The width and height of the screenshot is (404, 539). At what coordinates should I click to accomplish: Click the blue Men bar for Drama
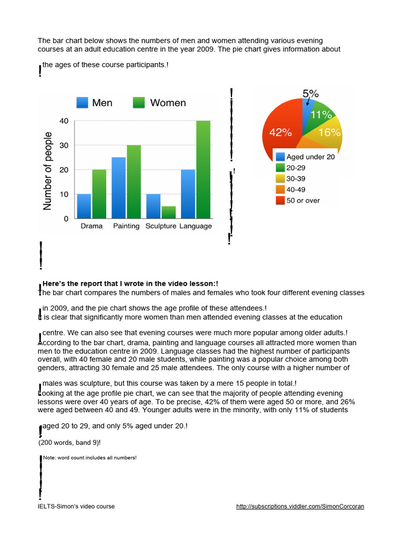pyautogui.click(x=84, y=206)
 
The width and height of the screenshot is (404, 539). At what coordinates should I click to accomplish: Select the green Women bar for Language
pyautogui.click(x=203, y=169)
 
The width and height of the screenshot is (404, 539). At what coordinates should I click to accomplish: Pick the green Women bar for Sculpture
pyautogui.click(x=168, y=212)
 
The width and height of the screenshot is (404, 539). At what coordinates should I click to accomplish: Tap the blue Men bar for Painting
pyautogui.click(x=118, y=187)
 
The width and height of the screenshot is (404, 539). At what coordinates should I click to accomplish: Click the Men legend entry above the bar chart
pyautogui.click(x=95, y=103)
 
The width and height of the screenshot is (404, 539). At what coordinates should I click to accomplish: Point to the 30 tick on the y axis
pyautogui.click(x=64, y=145)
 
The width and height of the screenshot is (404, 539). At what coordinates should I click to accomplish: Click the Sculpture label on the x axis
pyautogui.click(x=160, y=226)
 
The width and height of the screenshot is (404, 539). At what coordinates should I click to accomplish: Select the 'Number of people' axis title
pyautogui.click(x=48, y=171)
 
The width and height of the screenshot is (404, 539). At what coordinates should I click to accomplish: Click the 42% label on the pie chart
pyautogui.click(x=280, y=133)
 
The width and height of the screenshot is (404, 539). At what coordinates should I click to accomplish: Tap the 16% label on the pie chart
pyautogui.click(x=329, y=133)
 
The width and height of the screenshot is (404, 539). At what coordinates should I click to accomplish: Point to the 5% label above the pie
pyautogui.click(x=310, y=94)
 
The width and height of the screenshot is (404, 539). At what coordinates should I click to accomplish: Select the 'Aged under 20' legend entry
pyautogui.click(x=305, y=156)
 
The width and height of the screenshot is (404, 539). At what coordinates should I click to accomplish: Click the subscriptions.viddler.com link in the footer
pyautogui.click(x=300, y=506)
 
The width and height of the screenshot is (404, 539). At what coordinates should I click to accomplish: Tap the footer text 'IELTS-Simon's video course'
pyautogui.click(x=76, y=506)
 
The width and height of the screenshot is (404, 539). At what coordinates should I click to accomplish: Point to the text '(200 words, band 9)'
pyautogui.click(x=69, y=443)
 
